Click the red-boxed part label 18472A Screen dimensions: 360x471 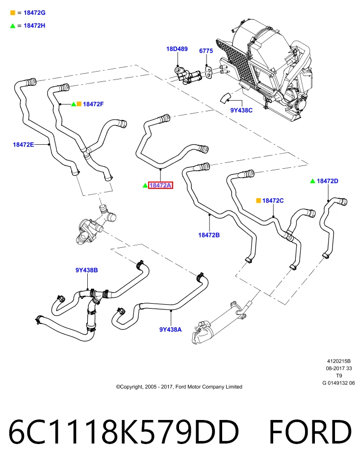coord(160,185)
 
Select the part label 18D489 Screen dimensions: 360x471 coord(177,49)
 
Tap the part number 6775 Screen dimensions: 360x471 coord(206,51)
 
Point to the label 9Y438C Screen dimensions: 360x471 coord(241,110)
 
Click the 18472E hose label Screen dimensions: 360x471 coord(24,144)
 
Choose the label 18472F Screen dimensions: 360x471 coord(93,104)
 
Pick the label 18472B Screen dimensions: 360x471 coord(209,235)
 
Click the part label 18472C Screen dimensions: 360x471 coord(273,200)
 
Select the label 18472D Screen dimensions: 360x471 coord(328,181)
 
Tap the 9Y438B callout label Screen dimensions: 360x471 coord(86,270)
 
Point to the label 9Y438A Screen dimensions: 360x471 coord(171,330)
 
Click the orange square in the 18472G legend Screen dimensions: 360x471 coord(13,13)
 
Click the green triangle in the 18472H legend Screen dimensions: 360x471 coord(13,26)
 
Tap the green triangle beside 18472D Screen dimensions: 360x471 coord(312,181)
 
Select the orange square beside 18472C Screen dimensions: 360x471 coord(258,200)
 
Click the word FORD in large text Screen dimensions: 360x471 coord(310,432)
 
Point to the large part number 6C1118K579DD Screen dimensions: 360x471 coord(124,432)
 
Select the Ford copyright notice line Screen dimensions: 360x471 coord(179,387)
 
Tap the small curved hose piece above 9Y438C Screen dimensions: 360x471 coord(225,98)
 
